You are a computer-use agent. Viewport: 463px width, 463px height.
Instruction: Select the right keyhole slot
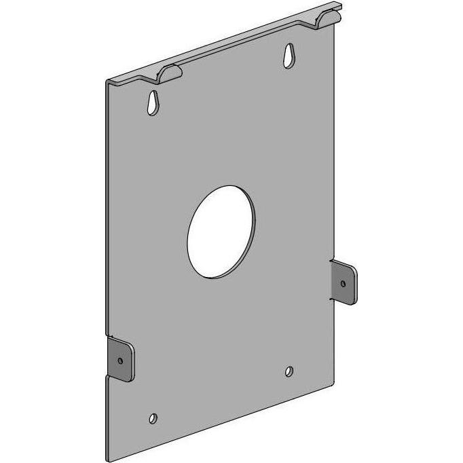pyautogui.click(x=290, y=56)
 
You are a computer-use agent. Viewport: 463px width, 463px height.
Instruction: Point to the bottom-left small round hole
pyautogui.click(x=153, y=417)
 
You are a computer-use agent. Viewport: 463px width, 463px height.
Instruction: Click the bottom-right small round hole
pyautogui.click(x=290, y=371)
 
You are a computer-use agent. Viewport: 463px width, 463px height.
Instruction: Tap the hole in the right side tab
pyautogui.click(x=344, y=282)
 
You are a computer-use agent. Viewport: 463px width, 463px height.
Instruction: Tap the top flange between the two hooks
pyautogui.click(x=244, y=44)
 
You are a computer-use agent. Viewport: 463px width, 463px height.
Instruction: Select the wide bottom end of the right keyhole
pyautogui.click(x=291, y=60)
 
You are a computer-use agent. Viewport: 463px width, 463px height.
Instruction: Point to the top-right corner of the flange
pyautogui.click(x=340, y=7)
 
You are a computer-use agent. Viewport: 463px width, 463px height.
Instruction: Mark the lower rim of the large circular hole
pyautogui.click(x=212, y=274)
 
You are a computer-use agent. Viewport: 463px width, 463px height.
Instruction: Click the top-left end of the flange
pyautogui.click(x=109, y=80)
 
